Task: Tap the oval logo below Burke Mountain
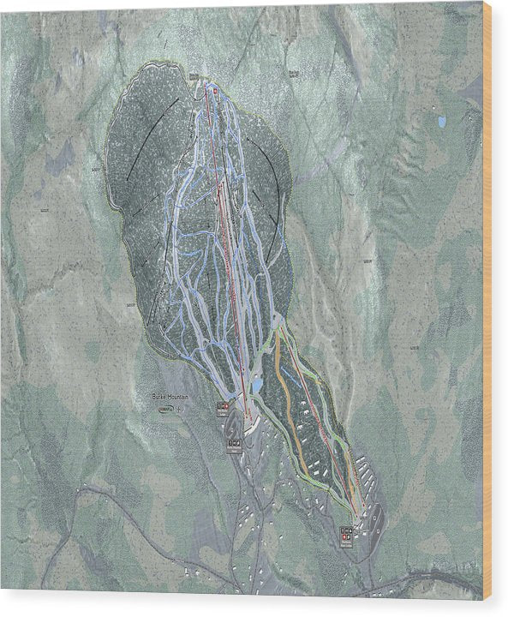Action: click(166, 410)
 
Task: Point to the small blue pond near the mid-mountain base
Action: click(256, 386)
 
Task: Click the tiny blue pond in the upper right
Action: click(442, 123)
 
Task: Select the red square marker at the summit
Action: click(216, 88)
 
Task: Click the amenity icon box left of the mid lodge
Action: click(223, 405)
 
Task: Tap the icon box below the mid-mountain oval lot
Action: click(235, 444)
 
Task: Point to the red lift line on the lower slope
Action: click(321, 411)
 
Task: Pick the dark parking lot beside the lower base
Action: click(374, 518)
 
